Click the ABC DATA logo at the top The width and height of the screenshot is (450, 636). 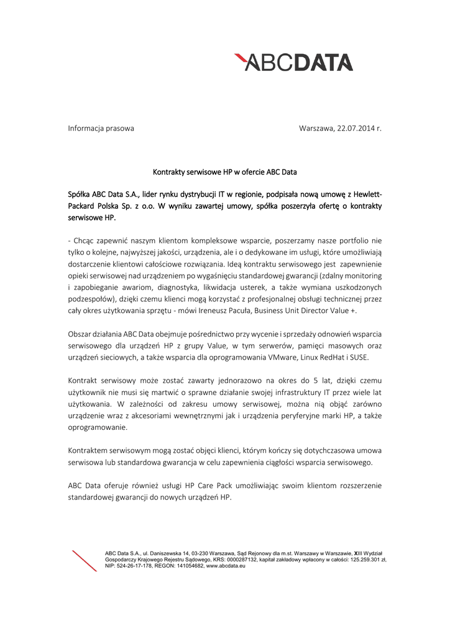[x=293, y=61]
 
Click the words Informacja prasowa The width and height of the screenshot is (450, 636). [x=101, y=129]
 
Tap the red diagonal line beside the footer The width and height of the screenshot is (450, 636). [x=84, y=561]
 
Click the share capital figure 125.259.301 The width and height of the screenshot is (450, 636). [x=362, y=560]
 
